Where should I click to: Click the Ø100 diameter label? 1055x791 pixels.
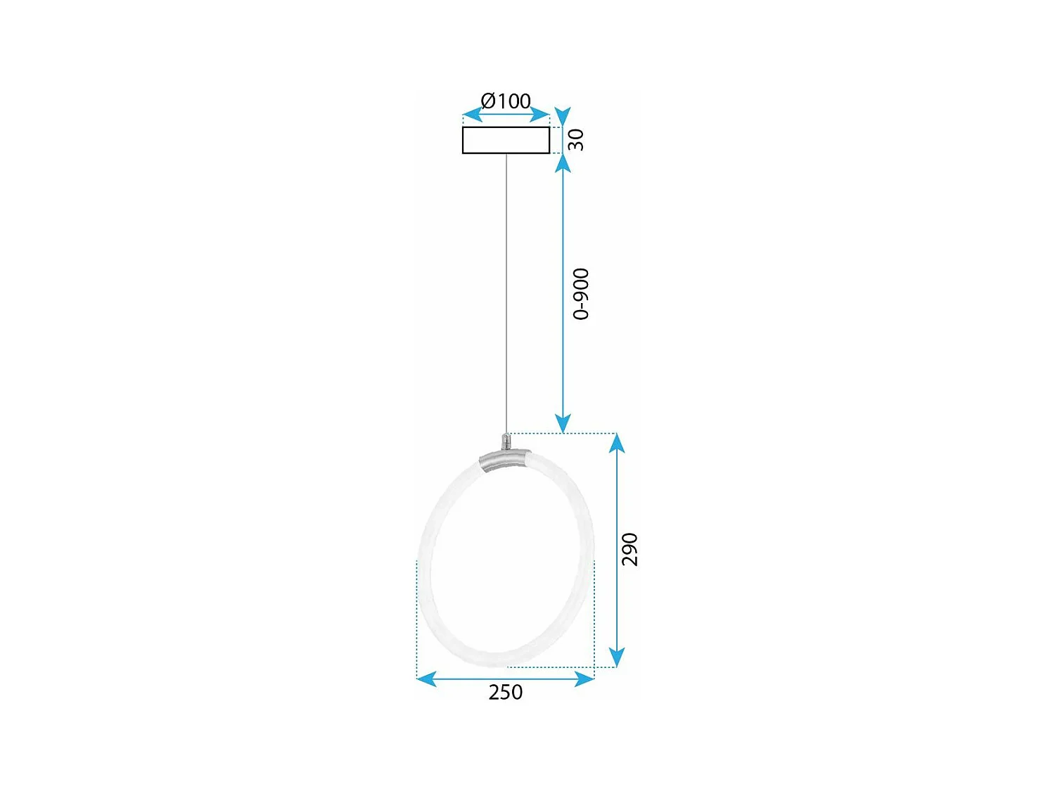tap(505, 101)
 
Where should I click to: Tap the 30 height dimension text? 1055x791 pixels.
tap(576, 139)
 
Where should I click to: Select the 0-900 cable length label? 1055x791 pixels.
tap(581, 294)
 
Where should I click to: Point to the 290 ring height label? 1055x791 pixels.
tap(629, 549)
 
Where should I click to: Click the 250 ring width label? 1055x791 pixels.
tap(505, 693)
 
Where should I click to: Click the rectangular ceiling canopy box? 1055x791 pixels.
tap(506, 140)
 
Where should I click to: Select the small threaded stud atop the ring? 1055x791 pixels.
tap(505, 442)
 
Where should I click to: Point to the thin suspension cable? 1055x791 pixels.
tap(506, 295)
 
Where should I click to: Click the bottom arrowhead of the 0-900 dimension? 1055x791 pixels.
tap(563, 424)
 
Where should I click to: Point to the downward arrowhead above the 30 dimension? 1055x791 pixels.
tap(563, 116)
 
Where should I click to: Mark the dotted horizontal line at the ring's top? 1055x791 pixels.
tap(563, 434)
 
